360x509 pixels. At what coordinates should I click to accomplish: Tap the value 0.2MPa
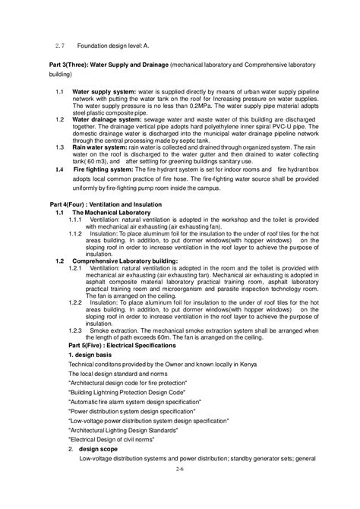[204, 106]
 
